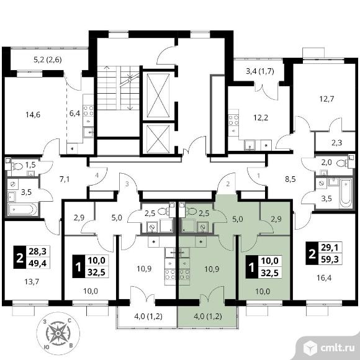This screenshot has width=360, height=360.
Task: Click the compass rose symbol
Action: (58, 333)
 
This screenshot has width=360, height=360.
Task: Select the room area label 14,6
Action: (33, 114)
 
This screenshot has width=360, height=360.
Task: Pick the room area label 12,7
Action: (326, 99)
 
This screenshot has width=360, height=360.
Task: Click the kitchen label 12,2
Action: (261, 118)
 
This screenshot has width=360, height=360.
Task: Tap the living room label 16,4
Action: (324, 278)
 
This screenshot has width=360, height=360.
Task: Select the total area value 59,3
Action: (330, 259)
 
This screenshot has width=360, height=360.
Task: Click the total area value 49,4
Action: (37, 263)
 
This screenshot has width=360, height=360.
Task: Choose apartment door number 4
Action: (97, 176)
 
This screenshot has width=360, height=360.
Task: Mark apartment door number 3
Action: (127, 184)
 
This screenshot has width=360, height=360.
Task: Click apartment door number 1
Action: (259, 176)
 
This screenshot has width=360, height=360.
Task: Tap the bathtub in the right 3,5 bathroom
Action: (346, 193)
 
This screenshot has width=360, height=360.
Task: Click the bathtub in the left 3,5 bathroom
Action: (22, 209)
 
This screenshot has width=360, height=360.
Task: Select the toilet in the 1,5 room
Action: (17, 166)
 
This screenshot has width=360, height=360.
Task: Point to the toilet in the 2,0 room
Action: (342, 163)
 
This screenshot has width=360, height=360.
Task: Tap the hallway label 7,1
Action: (65, 179)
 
